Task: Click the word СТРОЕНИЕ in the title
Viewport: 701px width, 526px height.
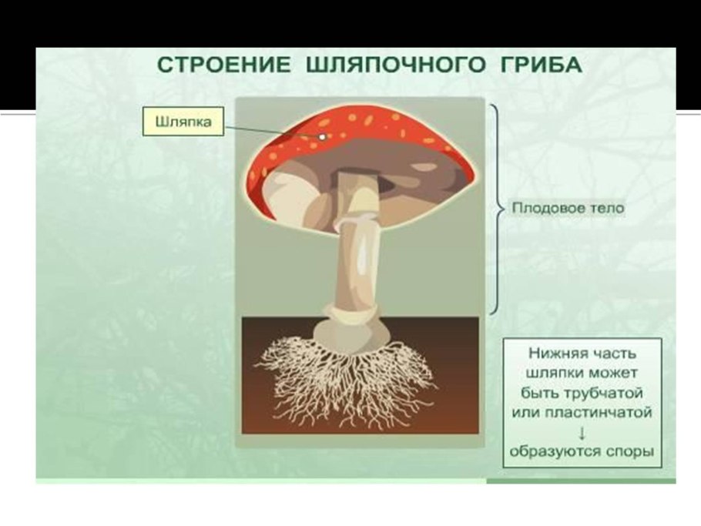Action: click(x=223, y=65)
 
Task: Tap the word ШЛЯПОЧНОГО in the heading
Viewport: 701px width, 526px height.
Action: click(x=395, y=65)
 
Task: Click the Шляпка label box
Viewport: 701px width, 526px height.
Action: click(x=183, y=121)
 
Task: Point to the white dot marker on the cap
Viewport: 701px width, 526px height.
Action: click(x=322, y=137)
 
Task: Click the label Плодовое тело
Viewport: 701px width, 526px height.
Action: click(x=568, y=208)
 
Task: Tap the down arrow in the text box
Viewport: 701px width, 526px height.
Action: click(x=582, y=432)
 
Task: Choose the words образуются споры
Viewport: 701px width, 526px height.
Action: click(x=582, y=451)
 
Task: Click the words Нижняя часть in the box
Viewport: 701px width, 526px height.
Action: click(x=582, y=353)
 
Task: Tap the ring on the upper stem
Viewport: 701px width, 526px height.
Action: click(x=357, y=219)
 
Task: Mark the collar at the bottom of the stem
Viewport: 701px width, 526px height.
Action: click(x=351, y=311)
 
